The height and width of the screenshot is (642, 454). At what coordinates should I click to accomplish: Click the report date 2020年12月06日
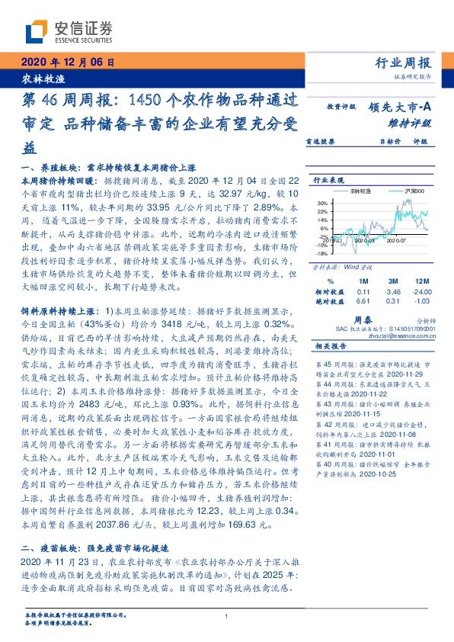pyautogui.click(x=68, y=63)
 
